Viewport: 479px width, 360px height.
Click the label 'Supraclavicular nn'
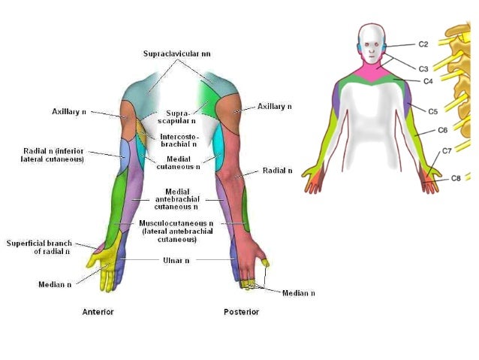[x=178, y=54]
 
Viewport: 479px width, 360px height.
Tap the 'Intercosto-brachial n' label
[x=178, y=140]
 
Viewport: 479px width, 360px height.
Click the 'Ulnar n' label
[x=177, y=260]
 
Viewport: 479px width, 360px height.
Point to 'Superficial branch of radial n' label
[x=38, y=247]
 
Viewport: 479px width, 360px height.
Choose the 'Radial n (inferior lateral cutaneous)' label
[x=53, y=156]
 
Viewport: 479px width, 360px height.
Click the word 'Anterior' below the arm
[x=98, y=311]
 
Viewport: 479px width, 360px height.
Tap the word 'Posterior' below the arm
[x=242, y=311]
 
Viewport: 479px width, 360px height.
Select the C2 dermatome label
[x=423, y=44]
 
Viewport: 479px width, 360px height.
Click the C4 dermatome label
[x=428, y=80]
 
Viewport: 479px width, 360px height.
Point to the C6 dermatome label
[x=443, y=130]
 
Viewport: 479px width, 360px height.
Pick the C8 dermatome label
[x=456, y=178]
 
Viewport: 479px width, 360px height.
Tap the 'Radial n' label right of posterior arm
[x=278, y=171]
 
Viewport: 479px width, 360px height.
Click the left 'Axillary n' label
[x=69, y=111]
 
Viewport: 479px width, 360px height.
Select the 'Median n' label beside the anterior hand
[x=56, y=285]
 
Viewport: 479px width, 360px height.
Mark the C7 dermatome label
[x=447, y=151]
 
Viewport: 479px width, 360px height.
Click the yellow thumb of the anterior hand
[x=95, y=260]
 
